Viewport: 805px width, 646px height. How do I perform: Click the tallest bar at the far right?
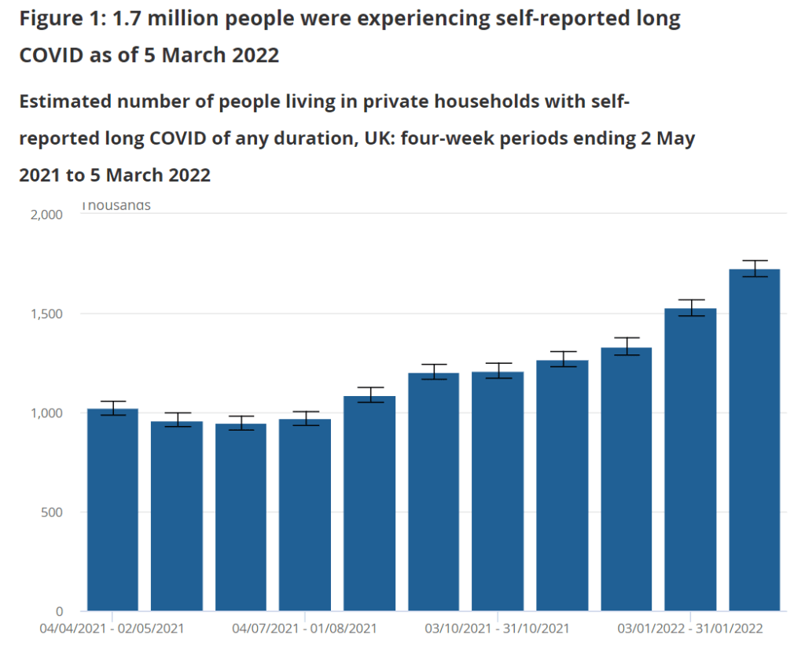click(x=754, y=440)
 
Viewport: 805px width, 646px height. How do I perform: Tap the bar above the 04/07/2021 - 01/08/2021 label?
click(x=305, y=515)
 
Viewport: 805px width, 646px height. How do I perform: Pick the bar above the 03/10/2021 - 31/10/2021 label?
click(x=498, y=491)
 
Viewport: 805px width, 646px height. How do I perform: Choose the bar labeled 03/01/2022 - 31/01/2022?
click(x=690, y=460)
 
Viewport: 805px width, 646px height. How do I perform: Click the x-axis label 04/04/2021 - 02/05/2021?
click(x=112, y=629)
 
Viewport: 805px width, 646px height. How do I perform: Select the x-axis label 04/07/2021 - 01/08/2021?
click(x=305, y=629)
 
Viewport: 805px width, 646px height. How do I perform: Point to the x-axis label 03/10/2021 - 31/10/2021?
click(x=498, y=629)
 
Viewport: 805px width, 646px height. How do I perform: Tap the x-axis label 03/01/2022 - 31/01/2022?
click(x=690, y=629)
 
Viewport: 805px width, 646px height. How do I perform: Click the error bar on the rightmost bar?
click(x=754, y=268)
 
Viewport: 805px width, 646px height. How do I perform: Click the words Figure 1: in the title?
click(x=60, y=20)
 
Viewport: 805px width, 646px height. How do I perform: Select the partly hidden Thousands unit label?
click(x=116, y=207)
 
